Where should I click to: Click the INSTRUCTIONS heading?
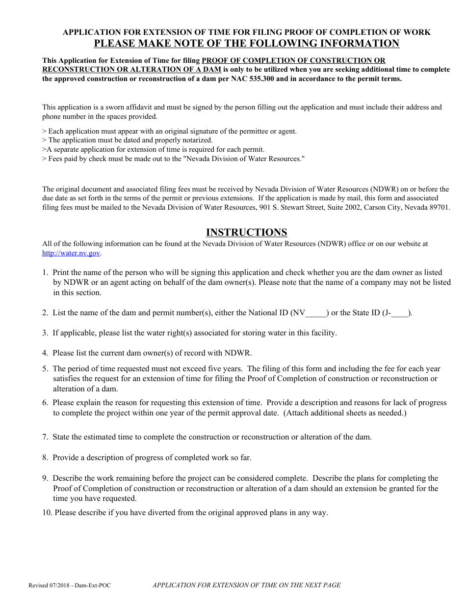[246, 232]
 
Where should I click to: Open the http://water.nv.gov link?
[71, 253]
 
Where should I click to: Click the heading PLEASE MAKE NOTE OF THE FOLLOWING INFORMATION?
[246, 43]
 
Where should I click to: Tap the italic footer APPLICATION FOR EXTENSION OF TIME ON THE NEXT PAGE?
[246, 585]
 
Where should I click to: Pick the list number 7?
[45, 437]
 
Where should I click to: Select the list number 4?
[45, 353]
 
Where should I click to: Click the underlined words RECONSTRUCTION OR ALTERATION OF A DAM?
[131, 70]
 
